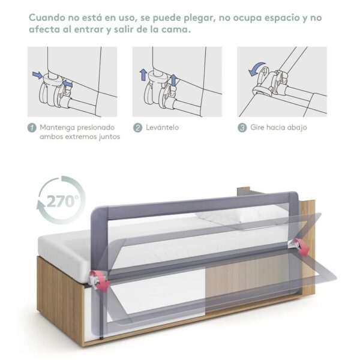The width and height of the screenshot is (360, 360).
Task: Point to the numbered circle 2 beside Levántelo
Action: [x=137, y=127]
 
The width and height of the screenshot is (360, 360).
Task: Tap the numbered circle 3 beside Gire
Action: [x=242, y=127]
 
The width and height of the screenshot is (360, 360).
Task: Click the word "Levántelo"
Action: [x=163, y=127]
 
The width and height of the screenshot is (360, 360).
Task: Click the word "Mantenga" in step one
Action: [x=59, y=127]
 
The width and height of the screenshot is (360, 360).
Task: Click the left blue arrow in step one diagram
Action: [x=37, y=76]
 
